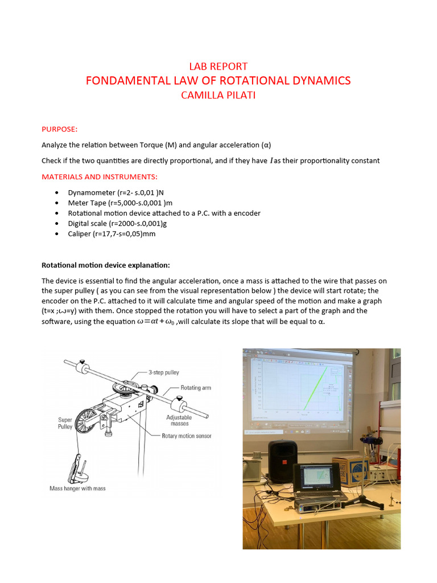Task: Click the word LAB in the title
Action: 200,67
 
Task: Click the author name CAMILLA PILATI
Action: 218,95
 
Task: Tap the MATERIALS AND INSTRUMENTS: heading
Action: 100,176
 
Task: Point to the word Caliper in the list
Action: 80,234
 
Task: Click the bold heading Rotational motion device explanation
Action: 106,265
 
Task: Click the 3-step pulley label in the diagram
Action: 164,372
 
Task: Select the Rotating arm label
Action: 196,388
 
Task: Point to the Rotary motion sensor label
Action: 187,436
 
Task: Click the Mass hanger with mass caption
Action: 77,488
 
